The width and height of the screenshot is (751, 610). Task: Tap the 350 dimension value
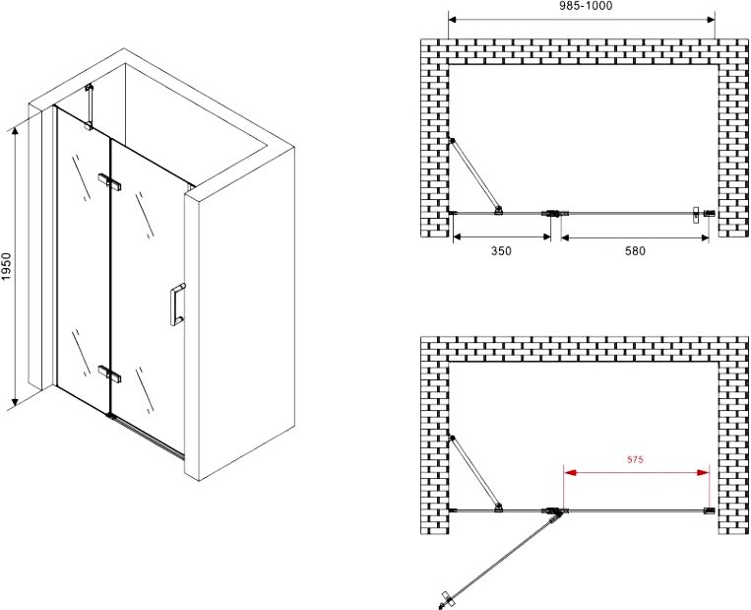[x=501, y=251]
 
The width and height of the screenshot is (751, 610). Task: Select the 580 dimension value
[x=635, y=251]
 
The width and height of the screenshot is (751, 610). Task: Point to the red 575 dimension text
[x=635, y=459]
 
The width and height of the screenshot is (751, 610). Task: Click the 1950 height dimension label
[x=6, y=266]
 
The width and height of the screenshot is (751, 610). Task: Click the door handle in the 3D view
[x=177, y=305]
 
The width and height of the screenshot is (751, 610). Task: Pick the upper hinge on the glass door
[x=109, y=181]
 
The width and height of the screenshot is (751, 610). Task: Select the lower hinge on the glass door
[x=109, y=374]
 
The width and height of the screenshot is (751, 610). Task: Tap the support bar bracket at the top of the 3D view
[x=89, y=107]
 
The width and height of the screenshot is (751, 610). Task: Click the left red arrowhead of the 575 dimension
[x=570, y=473]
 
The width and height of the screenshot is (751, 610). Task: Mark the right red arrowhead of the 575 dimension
[x=703, y=473]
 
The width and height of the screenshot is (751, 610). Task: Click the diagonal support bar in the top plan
[x=475, y=175]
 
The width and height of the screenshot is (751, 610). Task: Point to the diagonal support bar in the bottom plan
[x=475, y=473]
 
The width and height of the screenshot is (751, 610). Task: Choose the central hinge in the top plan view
[x=555, y=213]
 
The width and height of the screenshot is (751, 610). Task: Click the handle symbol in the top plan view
[x=696, y=215]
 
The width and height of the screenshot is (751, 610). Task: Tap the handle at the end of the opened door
[x=444, y=599]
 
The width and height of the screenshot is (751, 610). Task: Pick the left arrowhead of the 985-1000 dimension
[x=454, y=20]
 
